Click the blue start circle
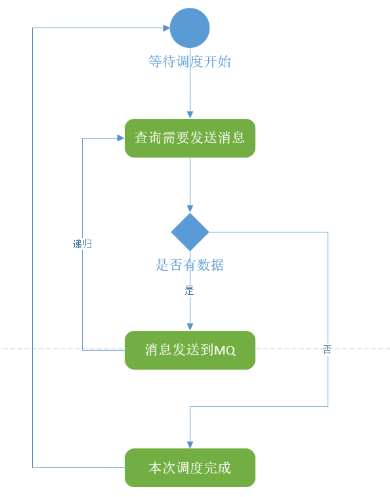click(x=190, y=28)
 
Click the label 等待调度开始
click(x=190, y=62)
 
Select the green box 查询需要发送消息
click(x=190, y=138)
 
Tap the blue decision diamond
click(x=190, y=232)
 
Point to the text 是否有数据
click(x=190, y=265)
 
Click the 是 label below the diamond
click(x=189, y=290)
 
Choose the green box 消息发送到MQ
click(x=190, y=350)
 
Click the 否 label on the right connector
click(x=327, y=349)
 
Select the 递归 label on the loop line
click(x=82, y=244)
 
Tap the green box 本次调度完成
click(x=190, y=468)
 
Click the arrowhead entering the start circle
click(x=167, y=28)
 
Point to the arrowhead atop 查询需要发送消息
click(x=190, y=115)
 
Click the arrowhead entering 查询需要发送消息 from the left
click(x=121, y=138)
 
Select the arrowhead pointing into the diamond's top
click(x=190, y=209)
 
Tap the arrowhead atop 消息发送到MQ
click(x=190, y=327)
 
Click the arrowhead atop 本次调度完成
click(x=190, y=444)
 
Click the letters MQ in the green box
click(x=225, y=351)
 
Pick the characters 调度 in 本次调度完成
click(x=190, y=468)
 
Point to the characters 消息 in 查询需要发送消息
click(x=231, y=138)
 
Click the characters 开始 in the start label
click(x=217, y=62)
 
